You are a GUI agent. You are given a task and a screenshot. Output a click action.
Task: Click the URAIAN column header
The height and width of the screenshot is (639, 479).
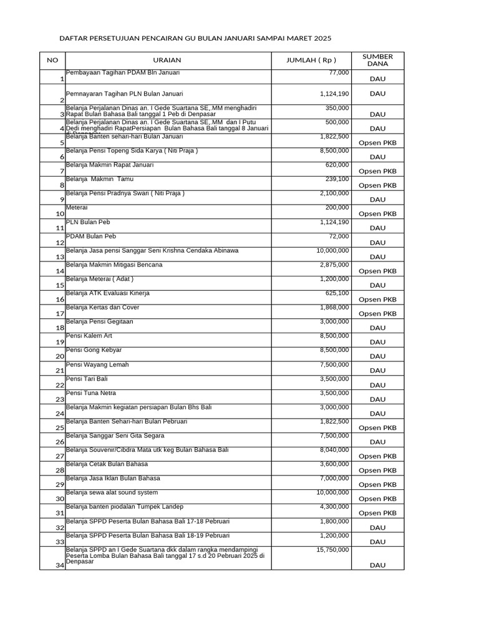click(x=167, y=60)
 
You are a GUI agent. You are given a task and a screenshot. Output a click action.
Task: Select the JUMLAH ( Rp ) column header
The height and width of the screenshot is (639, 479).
click(x=311, y=60)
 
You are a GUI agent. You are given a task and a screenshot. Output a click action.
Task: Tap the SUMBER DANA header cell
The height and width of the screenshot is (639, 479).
click(x=377, y=60)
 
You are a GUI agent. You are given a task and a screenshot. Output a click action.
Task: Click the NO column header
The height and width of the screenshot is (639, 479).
click(x=52, y=60)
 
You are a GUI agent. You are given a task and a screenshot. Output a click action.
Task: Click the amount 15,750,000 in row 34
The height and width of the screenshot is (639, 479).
click(x=334, y=550)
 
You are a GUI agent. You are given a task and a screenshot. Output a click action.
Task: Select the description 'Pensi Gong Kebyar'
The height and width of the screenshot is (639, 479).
click(x=94, y=350)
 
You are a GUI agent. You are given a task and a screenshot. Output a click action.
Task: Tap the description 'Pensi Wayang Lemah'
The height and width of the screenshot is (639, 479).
click(x=97, y=364)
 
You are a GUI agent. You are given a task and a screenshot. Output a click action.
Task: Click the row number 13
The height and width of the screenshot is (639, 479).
click(x=60, y=256)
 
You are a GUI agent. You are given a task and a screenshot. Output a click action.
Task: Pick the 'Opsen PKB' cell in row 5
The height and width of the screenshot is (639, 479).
click(x=377, y=143)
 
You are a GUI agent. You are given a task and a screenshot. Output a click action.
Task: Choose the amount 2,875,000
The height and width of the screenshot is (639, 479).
click(x=334, y=265)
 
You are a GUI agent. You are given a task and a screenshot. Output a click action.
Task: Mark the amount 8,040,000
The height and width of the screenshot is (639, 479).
click(x=334, y=450)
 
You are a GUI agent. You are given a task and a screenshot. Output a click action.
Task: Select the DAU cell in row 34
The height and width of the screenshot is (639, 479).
click(x=377, y=565)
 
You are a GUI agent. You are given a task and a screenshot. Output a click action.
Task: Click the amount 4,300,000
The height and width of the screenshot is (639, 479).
click(x=334, y=507)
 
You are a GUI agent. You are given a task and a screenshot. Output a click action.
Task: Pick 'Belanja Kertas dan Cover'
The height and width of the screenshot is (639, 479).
click(x=102, y=308)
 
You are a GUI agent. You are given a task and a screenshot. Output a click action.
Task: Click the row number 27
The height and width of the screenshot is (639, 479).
click(x=60, y=456)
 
